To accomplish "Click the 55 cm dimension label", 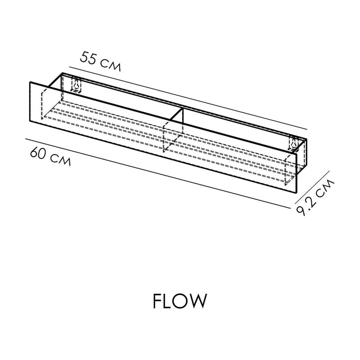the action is [x=100, y=61].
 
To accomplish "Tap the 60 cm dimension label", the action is [x=50, y=156].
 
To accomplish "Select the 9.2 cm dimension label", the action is [x=315, y=198].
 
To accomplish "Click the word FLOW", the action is [x=180, y=301].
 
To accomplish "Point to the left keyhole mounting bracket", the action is [x=77, y=85].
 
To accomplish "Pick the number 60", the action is [x=39, y=152].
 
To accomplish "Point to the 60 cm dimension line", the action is [x=158, y=174].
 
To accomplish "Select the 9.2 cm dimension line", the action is [x=312, y=187].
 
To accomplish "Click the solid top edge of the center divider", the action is [x=176, y=114].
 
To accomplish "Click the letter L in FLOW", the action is [x=167, y=301].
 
